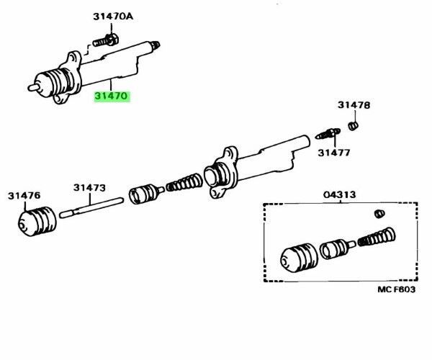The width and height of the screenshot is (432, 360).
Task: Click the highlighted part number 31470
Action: click(x=112, y=94)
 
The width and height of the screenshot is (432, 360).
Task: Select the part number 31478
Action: click(x=354, y=105)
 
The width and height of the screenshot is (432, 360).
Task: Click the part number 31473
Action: click(x=89, y=188)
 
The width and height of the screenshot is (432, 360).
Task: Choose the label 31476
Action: click(x=24, y=194)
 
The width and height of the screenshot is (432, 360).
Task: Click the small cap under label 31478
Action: click(x=354, y=126)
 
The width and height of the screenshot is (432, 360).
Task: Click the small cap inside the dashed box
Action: click(x=379, y=213)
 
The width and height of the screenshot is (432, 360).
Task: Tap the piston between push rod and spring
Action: click(x=144, y=194)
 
